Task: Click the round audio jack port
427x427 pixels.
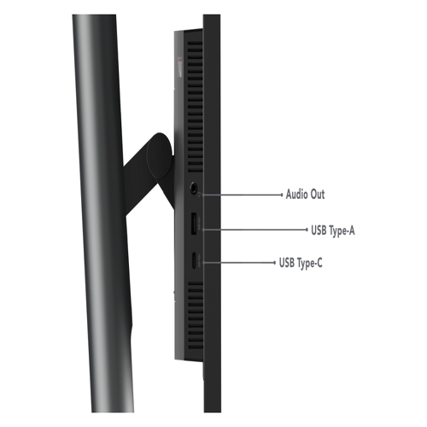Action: (194, 187)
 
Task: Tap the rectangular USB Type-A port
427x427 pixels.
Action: (193, 224)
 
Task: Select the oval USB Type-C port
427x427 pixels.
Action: (194, 260)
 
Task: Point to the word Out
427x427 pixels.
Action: (318, 195)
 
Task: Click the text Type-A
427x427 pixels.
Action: (342, 231)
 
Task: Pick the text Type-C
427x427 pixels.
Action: (310, 263)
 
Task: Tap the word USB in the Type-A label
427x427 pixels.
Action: (319, 230)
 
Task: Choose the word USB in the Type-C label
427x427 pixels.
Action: (287, 262)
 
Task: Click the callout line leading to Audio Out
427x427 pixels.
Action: (243, 195)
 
